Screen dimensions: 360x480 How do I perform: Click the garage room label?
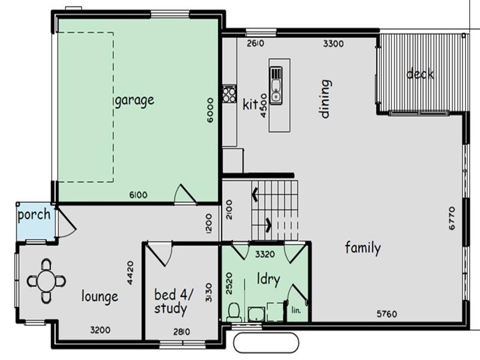point(134,100)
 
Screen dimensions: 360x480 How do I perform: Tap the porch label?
point(34,215)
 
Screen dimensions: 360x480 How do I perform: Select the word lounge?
point(100,296)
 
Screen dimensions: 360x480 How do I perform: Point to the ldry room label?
point(268,280)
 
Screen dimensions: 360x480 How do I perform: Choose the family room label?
point(362,247)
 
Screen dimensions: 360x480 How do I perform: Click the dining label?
point(325,98)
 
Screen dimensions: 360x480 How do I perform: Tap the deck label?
point(420,74)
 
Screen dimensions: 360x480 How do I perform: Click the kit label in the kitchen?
point(250,104)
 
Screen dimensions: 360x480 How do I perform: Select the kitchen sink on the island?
point(276,83)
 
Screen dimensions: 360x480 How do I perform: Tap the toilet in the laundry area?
point(235,311)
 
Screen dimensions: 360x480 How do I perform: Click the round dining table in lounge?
point(46,280)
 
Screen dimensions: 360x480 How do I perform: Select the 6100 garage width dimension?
point(138,195)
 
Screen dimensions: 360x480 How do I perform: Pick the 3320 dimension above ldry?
point(265,254)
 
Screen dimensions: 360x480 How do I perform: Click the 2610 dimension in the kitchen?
point(255,43)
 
